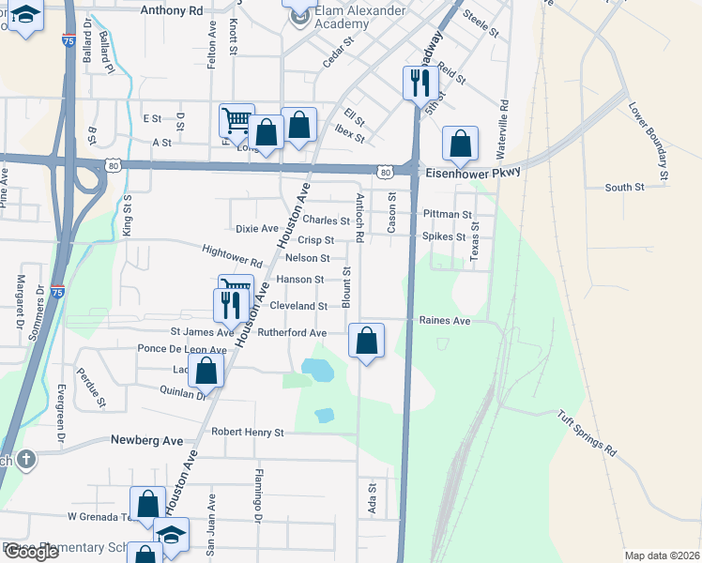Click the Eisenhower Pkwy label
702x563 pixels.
coord(472,174)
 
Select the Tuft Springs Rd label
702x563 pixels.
coord(587,433)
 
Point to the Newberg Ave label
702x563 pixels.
coord(145,439)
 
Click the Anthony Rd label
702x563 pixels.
coord(171,10)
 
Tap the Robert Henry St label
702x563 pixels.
coord(247,433)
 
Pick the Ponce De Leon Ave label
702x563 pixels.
coord(182,349)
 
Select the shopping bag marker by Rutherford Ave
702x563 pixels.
coord(367,341)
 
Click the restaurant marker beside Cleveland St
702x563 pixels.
coord(228,304)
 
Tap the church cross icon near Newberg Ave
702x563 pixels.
coord(26,459)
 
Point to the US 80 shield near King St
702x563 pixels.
coord(113,165)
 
